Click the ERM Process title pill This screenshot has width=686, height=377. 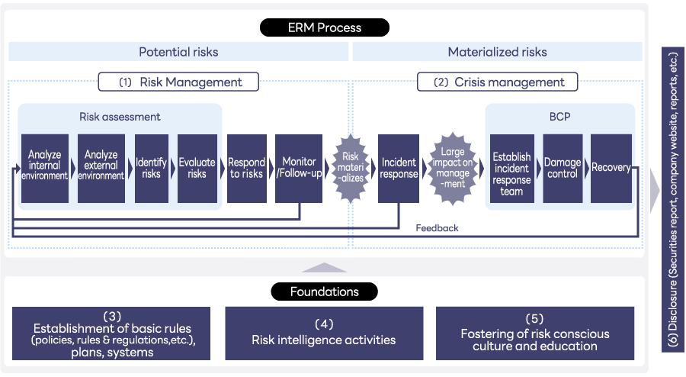pos(325,27)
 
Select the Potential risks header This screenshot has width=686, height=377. pos(178,52)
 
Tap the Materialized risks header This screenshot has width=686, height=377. pos(497,52)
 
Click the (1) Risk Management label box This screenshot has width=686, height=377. pos(178,82)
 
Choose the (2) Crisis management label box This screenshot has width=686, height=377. pos(497,82)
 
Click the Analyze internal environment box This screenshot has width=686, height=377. pos(45,169)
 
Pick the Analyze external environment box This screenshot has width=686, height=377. pos(101,169)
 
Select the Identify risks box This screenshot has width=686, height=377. pos(151,169)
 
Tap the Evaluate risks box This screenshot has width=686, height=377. pos(197,169)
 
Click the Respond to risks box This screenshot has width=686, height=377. pos(247,169)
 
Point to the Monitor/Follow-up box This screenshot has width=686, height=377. pos(299,169)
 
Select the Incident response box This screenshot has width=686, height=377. pos(399,169)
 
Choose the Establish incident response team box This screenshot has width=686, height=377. pos(512,169)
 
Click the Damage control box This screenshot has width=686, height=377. pos(563,169)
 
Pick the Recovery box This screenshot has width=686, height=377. pos(611,169)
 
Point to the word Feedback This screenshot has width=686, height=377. pos(437,227)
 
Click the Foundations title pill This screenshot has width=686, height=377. pos(325,292)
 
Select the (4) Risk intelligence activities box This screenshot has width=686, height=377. pos(324,333)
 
